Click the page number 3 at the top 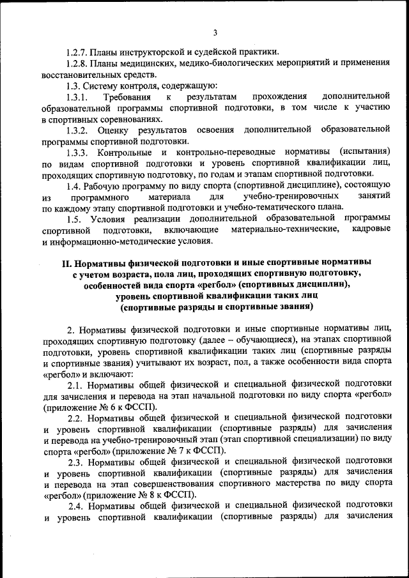(215, 33)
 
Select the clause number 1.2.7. (78, 52)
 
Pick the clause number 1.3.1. (79, 96)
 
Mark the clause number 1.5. (75, 218)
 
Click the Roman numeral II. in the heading (65, 262)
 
